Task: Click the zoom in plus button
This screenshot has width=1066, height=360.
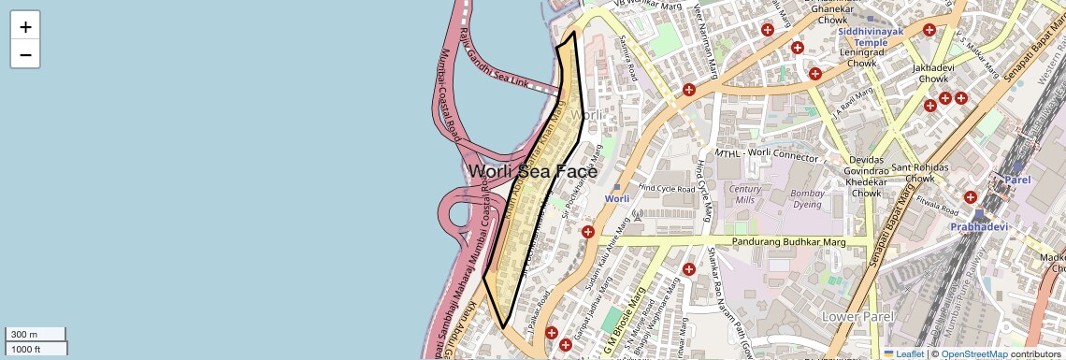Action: point(25,27)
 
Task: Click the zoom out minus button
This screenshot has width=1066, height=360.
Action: point(25,54)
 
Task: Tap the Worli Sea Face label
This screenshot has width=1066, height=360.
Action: point(532,171)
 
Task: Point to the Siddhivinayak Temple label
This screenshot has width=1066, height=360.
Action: point(870,36)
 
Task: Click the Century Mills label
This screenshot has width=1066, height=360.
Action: point(744,194)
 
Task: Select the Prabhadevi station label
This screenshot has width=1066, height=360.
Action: point(983,226)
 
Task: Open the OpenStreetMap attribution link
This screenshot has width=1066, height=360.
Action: point(973,354)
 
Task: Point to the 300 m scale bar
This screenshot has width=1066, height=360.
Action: point(36,335)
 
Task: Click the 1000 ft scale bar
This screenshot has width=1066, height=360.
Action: point(36,349)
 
